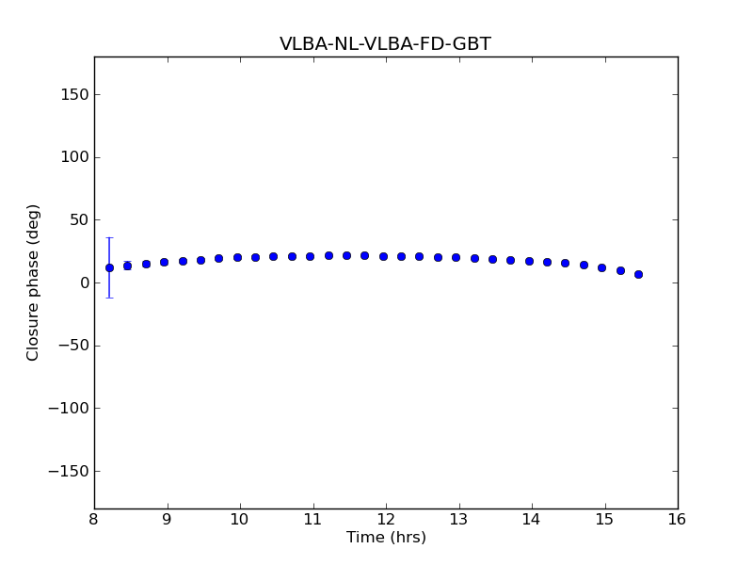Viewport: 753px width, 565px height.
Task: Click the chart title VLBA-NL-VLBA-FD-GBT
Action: (x=385, y=44)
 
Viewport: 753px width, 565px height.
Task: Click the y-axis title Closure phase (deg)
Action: (x=34, y=282)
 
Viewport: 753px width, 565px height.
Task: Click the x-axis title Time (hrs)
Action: (x=386, y=538)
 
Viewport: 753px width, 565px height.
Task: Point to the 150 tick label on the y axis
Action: (x=74, y=94)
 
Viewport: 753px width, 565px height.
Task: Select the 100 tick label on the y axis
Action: (x=74, y=157)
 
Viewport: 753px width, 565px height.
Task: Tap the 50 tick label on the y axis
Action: (x=78, y=219)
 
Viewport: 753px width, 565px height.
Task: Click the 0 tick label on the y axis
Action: (x=83, y=282)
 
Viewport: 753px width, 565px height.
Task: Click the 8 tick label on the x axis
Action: (x=94, y=519)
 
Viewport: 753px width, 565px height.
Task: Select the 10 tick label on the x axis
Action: (x=240, y=519)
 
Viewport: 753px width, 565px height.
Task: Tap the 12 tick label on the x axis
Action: (x=386, y=519)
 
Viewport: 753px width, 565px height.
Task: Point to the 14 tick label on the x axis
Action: (x=532, y=519)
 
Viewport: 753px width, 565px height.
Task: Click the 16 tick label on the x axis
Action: (x=678, y=519)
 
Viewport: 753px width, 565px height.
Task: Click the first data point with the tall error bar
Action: (x=109, y=267)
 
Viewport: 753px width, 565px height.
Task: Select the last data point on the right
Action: (x=638, y=274)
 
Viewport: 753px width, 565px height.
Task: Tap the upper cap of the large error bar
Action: (x=109, y=238)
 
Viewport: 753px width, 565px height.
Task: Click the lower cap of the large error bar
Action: (x=109, y=298)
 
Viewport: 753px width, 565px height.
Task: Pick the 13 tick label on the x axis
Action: (x=458, y=519)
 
